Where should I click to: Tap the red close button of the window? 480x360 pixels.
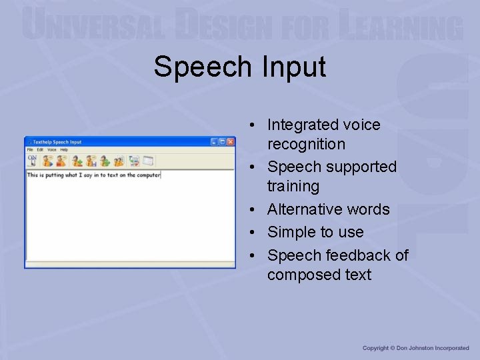click(231, 142)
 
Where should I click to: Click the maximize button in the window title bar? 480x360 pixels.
click(223, 142)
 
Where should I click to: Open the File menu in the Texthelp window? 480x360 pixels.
click(30, 150)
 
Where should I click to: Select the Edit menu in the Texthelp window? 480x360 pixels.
click(40, 150)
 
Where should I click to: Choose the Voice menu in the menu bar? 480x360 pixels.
click(51, 150)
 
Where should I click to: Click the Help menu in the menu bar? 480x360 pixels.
click(64, 150)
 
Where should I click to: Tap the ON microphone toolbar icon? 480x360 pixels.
click(32, 160)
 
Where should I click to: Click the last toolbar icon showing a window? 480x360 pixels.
click(148, 161)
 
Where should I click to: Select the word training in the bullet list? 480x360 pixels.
click(293, 186)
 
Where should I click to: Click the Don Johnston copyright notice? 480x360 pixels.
click(416, 348)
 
